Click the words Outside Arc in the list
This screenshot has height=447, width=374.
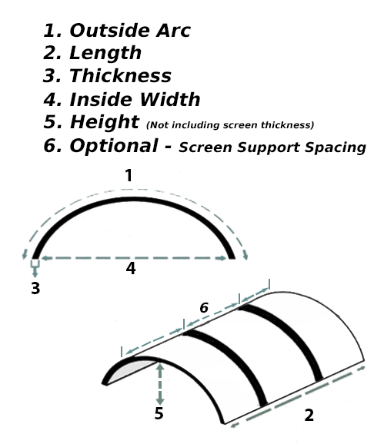[x=130, y=30]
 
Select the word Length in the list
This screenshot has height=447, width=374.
[x=105, y=53]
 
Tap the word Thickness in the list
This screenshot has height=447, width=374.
[x=120, y=76]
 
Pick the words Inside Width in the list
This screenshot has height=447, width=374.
[x=135, y=99]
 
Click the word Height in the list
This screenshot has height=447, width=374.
[x=105, y=122]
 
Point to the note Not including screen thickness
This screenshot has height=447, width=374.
[x=230, y=125]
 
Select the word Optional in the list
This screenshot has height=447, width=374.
[x=114, y=146]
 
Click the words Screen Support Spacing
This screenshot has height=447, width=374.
[x=272, y=147]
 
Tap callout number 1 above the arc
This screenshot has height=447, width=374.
[x=129, y=175]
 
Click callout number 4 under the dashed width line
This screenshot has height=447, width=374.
[x=131, y=269]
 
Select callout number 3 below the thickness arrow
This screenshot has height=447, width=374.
[x=35, y=288]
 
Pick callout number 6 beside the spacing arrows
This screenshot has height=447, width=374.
[x=204, y=308]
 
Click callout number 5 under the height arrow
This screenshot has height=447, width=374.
[x=159, y=413]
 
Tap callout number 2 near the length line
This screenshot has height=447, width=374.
[x=309, y=416]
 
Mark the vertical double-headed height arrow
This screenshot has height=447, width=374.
[x=160, y=384]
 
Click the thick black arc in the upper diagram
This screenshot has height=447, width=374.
[x=134, y=200]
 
